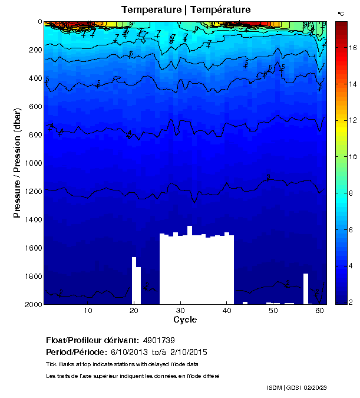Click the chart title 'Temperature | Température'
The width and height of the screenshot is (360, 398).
click(x=186, y=10)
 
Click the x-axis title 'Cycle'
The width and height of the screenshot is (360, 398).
click(x=185, y=320)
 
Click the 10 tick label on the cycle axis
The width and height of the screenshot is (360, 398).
click(x=88, y=311)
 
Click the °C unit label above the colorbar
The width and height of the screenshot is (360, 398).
click(x=341, y=13)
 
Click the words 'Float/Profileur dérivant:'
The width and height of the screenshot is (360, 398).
click(x=91, y=341)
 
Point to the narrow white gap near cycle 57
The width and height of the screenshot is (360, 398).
click(x=306, y=288)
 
